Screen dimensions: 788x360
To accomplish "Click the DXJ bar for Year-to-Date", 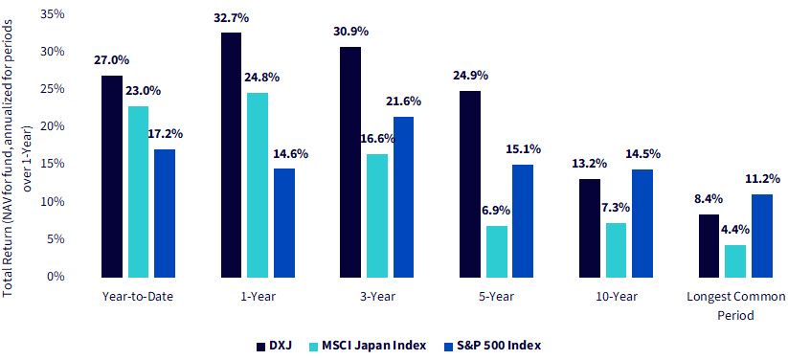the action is point(112,176).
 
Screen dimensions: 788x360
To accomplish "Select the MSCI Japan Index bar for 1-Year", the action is point(258,185).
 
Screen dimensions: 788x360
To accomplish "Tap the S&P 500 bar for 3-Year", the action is point(403,197).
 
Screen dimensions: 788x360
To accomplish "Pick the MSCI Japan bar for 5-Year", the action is point(497,252).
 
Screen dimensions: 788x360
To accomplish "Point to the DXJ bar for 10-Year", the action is point(590,228).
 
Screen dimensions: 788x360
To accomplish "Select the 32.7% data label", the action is point(231,19).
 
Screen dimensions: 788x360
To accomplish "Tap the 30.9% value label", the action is point(350,32).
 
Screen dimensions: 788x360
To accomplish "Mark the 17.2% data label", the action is point(165,134).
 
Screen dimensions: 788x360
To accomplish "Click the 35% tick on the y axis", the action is point(54,14).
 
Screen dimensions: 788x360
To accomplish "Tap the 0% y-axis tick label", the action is point(56,277).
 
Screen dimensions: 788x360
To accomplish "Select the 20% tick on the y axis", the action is point(54,126).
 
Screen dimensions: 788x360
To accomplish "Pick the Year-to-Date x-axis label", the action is point(138,297).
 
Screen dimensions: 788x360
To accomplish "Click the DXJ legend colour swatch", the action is point(260,346).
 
